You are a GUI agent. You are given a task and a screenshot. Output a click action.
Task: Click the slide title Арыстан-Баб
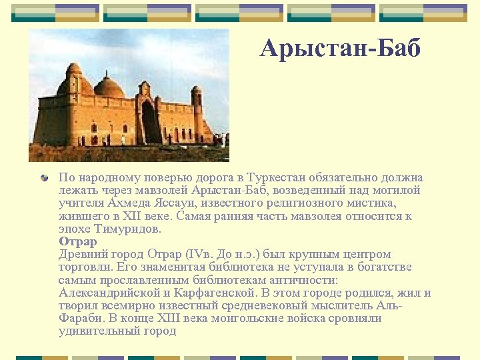coord(341,48)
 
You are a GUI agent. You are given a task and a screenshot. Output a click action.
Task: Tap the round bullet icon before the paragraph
coord(44,178)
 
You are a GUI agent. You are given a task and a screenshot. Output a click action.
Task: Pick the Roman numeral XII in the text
coord(126,216)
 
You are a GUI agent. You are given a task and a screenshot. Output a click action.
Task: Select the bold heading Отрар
coord(78,241)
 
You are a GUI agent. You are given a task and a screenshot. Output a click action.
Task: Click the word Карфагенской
coord(214,293)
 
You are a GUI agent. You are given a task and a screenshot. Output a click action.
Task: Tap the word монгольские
coord(245,318)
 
